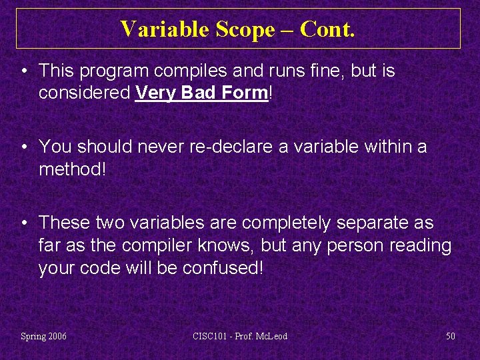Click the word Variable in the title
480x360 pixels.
click(x=163, y=29)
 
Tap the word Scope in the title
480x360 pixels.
click(x=246, y=29)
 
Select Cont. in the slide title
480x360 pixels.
click(x=328, y=29)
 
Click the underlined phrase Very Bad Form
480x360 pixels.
click(x=201, y=93)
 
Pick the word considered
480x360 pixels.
click(x=84, y=93)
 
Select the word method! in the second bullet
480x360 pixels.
click(x=72, y=169)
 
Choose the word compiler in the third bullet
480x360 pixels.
click(x=160, y=245)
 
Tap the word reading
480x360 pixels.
click(x=417, y=245)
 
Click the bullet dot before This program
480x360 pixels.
click(x=24, y=71)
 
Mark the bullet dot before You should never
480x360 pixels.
click(x=24, y=146)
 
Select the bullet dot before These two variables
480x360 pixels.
click(x=24, y=222)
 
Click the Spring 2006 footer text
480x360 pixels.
click(x=43, y=336)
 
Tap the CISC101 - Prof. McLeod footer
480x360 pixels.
click(x=239, y=336)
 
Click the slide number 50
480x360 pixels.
click(x=451, y=336)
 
